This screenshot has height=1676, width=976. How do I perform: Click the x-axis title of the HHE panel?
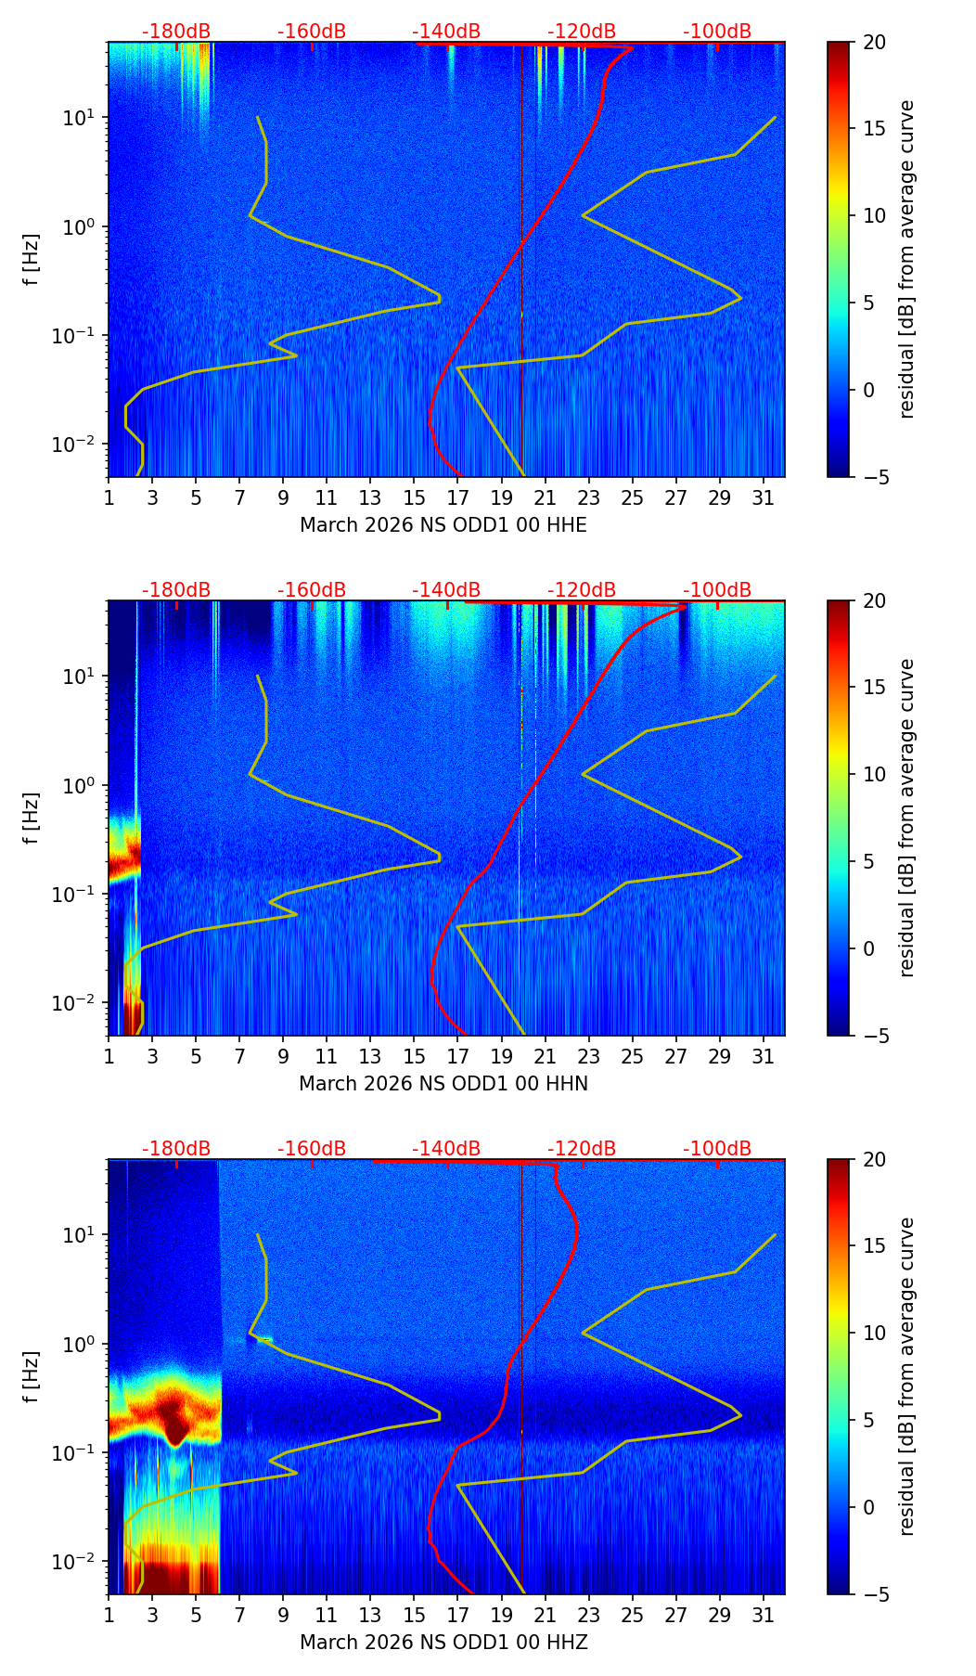443,525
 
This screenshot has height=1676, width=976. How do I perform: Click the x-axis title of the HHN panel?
443,1084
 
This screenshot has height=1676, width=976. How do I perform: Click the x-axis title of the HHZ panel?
443,1643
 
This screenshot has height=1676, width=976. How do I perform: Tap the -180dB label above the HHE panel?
176,32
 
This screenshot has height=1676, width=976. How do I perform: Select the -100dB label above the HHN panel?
717,590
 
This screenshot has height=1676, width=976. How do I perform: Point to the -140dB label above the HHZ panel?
446,1149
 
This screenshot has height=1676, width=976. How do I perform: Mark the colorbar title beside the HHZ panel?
907,1376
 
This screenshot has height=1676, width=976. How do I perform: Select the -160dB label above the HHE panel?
312,32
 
